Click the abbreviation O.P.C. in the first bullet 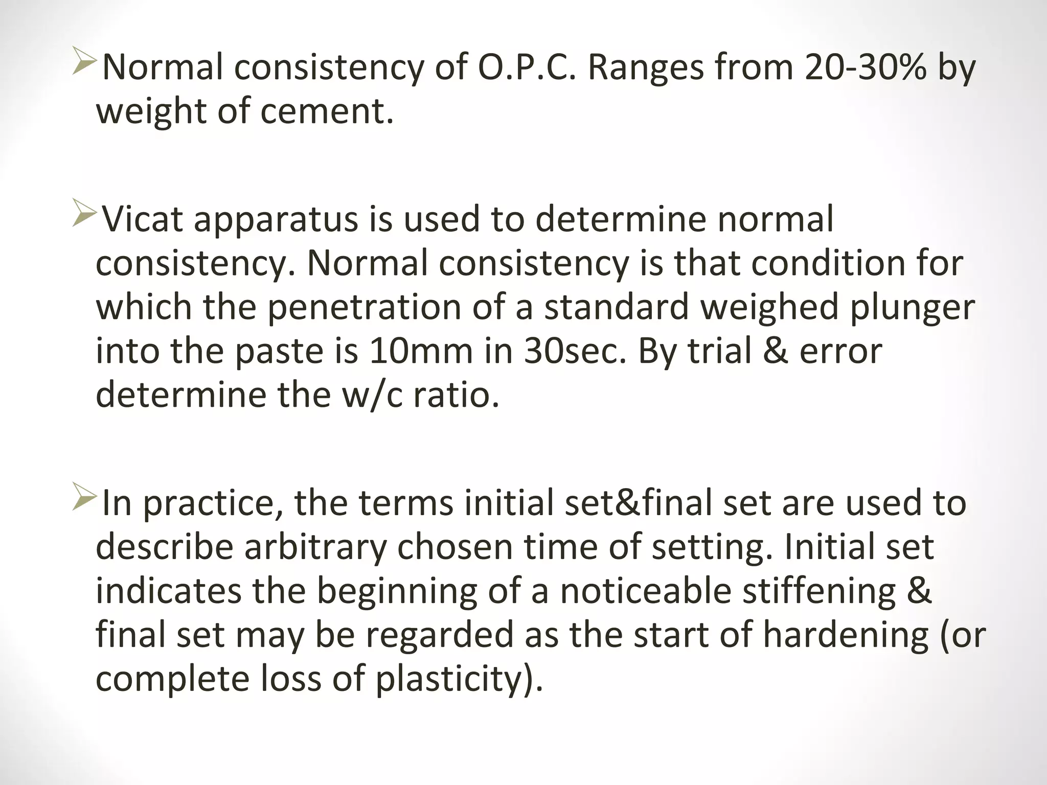pos(527,67)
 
